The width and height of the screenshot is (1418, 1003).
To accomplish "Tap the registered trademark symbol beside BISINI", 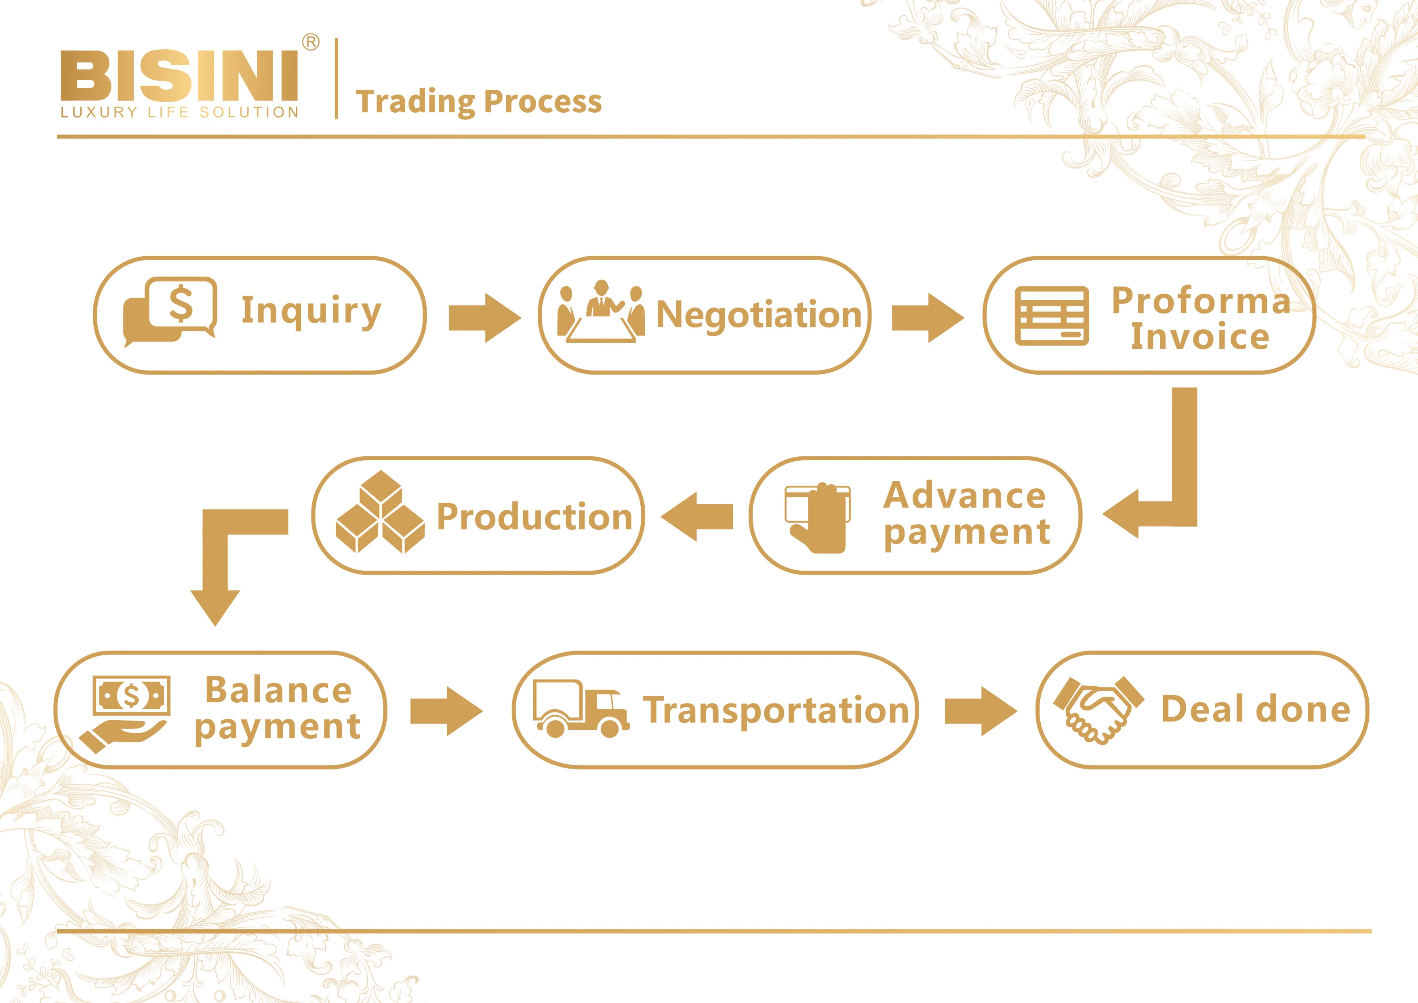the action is coord(311,42).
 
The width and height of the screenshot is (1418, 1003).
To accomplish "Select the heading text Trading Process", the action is coord(479,102).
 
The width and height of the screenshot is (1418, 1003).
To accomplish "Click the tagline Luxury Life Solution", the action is coord(179,112).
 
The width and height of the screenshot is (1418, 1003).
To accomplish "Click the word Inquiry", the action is coord(311,311).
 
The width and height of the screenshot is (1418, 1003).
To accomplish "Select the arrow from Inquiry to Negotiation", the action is coord(484,318).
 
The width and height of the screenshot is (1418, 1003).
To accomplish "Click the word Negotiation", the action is coord(758,315).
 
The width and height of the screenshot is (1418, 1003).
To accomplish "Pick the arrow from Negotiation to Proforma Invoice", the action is coord(928,318).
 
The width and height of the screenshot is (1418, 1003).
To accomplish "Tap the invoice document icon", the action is coord(1052,316).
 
